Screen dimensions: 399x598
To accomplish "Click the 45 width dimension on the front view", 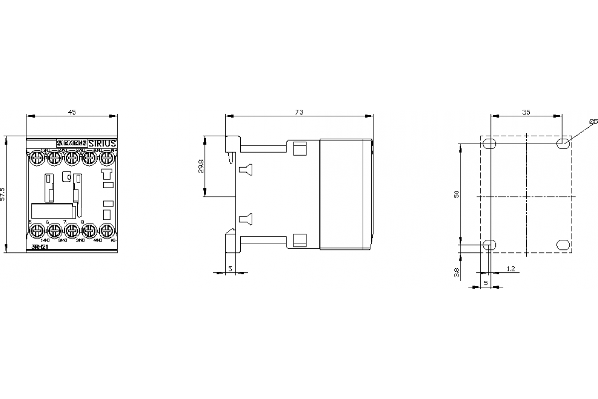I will [x=72, y=112].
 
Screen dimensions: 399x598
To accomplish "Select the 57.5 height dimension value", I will [x=2, y=194].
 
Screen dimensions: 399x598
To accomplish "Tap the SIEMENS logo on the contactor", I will [x=72, y=143].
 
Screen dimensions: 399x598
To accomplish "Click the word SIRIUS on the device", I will [x=103, y=143].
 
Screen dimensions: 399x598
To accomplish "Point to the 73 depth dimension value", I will [x=299, y=112].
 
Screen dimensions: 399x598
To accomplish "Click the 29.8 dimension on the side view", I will [x=201, y=166].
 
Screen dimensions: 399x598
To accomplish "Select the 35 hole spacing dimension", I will [x=526, y=112].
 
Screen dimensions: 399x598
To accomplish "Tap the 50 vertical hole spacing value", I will [x=456, y=194].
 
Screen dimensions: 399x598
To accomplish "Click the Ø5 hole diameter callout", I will [x=593, y=121].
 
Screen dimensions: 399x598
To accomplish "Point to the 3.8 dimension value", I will [x=457, y=272].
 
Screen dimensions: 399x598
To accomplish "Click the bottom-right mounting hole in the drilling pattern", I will [x=563, y=245].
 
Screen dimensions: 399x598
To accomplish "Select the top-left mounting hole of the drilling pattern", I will [x=489, y=144].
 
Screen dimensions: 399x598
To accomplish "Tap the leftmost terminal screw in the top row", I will [x=36, y=158].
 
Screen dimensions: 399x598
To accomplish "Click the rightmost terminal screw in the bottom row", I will [x=107, y=230].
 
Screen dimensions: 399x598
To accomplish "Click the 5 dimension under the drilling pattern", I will [x=486, y=283].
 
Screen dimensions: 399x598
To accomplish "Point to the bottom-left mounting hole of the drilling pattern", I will [x=489, y=245].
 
